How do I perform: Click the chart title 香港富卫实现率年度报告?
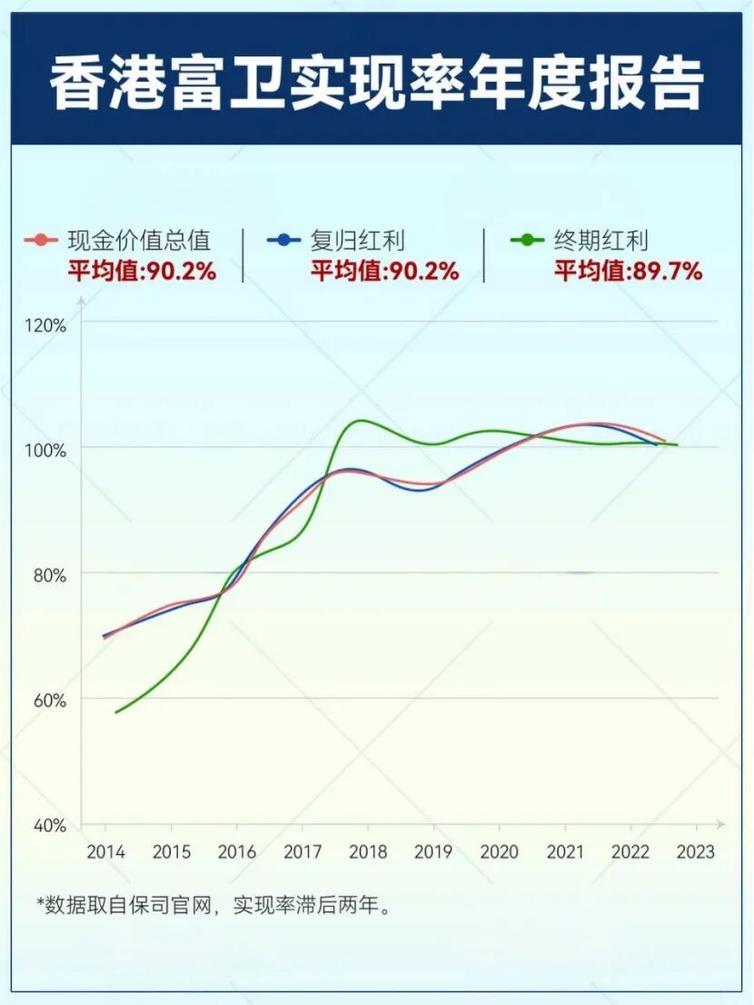coord(376,84)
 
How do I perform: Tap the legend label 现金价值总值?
coord(139,241)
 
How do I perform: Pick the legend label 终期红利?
coord(600,241)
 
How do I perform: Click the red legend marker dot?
coord(41,241)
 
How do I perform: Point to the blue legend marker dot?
coord(284,241)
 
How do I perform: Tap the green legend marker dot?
coord(527,241)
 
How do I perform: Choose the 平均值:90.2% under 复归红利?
coord(385,270)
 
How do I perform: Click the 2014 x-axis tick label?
coord(105,852)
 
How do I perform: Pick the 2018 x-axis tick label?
coord(368,852)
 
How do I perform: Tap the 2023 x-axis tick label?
coord(696,852)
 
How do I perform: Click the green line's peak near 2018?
coord(361,421)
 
